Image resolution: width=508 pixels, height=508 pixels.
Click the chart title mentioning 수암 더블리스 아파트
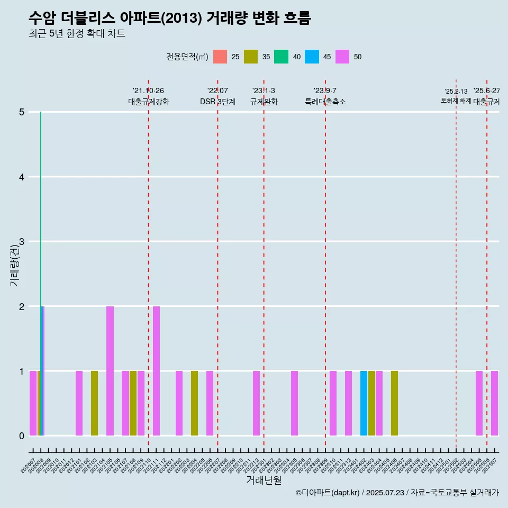point(170,19)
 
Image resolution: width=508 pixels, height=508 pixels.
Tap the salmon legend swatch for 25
point(220,57)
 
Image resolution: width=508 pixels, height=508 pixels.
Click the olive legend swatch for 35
point(250,57)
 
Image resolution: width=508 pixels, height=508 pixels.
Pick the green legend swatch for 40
point(281,57)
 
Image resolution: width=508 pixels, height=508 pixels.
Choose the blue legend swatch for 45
point(312,57)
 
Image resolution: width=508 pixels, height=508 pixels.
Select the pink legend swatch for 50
point(342,57)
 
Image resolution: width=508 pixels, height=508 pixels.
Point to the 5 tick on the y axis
point(22,112)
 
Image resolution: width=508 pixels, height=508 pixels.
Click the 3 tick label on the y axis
point(22,242)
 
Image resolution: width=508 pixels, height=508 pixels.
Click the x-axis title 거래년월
point(264,480)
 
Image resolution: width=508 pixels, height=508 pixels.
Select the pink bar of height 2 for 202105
point(110,370)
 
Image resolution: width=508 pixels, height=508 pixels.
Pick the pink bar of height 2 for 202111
point(156,370)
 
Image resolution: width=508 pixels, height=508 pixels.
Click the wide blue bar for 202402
point(364,403)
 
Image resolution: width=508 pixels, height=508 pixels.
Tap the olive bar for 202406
point(394,403)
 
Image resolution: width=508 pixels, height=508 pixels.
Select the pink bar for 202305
point(294,403)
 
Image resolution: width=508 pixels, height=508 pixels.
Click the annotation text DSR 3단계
point(217,102)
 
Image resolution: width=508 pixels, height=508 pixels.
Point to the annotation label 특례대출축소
point(325,102)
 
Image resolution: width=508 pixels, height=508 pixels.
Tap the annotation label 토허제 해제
point(456,101)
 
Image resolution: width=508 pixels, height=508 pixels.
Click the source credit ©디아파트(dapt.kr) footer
point(397,493)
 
